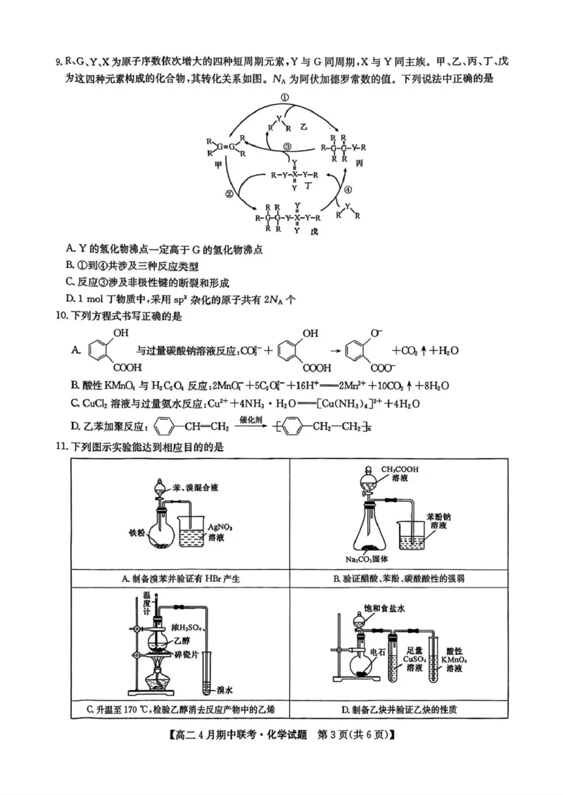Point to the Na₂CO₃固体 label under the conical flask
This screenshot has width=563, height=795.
click(368, 559)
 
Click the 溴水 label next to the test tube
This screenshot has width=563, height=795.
click(225, 690)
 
